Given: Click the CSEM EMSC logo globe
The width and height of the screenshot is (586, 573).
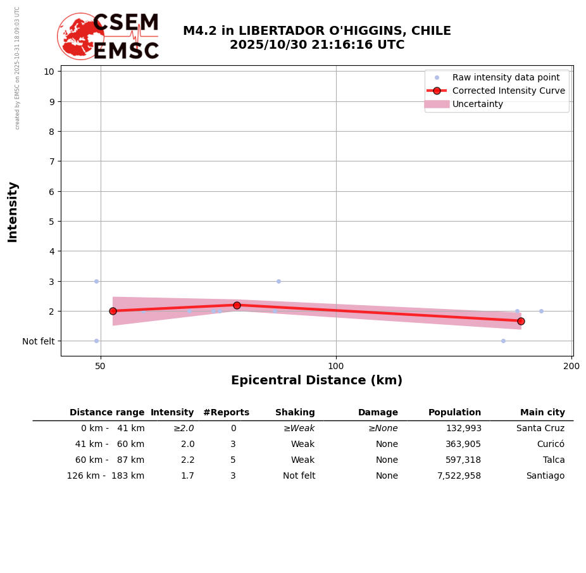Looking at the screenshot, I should [80, 36].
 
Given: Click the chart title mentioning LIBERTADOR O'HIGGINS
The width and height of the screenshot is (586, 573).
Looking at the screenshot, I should [316, 38].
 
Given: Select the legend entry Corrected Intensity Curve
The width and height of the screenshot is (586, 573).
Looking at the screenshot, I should [509, 91].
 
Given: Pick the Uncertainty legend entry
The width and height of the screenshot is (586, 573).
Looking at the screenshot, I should [478, 104].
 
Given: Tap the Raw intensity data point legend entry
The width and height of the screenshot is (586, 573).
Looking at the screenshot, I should [506, 77].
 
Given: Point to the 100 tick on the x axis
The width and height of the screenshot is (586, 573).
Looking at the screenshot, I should [336, 365].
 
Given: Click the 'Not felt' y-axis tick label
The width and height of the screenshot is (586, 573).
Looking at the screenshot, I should [39, 341].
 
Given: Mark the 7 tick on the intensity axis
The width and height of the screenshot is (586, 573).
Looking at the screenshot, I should [49, 161].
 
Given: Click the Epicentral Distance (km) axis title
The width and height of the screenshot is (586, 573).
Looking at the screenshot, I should [316, 381].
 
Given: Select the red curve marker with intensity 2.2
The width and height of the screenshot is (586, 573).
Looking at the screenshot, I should [237, 305].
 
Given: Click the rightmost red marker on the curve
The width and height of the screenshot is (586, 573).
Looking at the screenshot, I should [521, 321].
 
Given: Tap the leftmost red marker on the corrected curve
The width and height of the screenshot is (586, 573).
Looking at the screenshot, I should [113, 311].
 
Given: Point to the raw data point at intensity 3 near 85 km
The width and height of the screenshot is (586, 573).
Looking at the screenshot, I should [278, 281].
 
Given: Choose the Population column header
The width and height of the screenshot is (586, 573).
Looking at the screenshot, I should [454, 413].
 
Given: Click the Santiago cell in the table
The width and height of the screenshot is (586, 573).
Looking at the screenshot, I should [545, 476].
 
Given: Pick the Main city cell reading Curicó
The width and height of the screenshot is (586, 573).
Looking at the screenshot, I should [551, 444].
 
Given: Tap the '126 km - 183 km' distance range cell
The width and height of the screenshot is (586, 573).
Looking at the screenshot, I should [106, 476].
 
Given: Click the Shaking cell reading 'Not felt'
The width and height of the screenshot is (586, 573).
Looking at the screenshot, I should [299, 476].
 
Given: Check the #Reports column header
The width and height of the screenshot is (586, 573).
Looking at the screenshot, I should [226, 413].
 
